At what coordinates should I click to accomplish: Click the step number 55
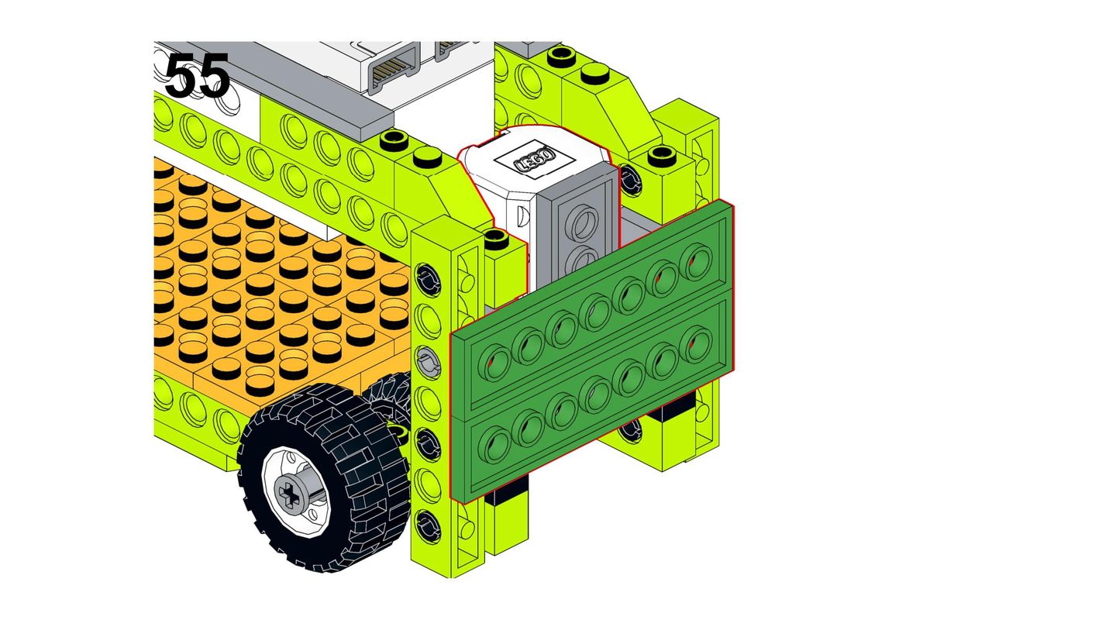click(x=198, y=75)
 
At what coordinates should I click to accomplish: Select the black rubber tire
click(x=324, y=478)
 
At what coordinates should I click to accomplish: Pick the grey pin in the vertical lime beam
click(x=429, y=362)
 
